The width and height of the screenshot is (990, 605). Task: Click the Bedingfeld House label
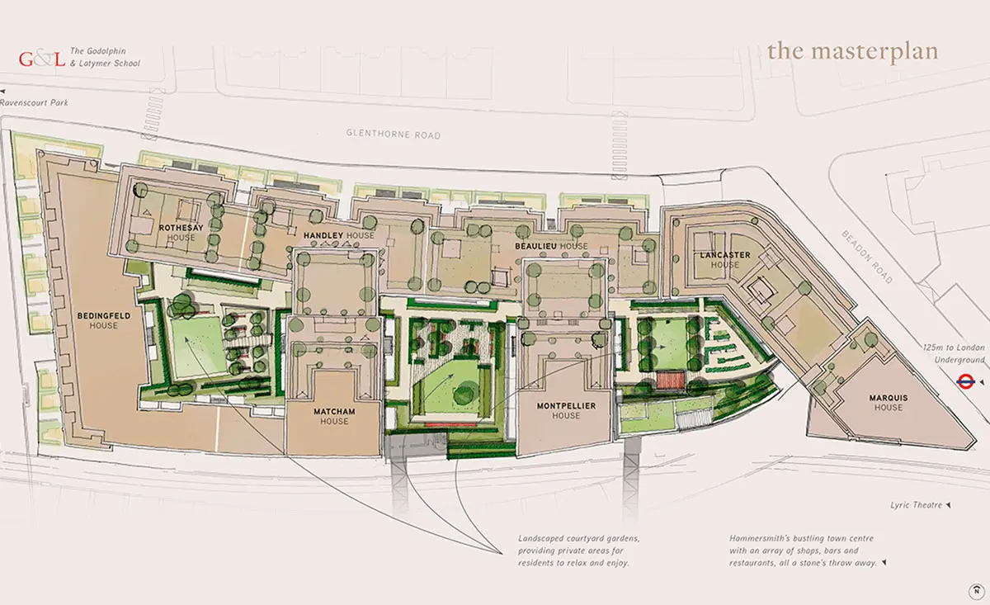pyautogui.click(x=104, y=320)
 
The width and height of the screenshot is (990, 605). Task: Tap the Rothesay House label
pyautogui.click(x=181, y=233)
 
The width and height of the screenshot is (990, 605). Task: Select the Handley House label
pyautogui.click(x=339, y=236)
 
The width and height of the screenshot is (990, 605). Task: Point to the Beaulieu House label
pyautogui.click(x=552, y=246)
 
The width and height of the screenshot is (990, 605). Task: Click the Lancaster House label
pyautogui.click(x=725, y=260)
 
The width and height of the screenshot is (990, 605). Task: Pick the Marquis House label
pyautogui.click(x=889, y=403)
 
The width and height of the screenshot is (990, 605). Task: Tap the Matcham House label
pyautogui.click(x=335, y=416)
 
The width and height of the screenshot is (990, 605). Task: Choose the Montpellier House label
pyautogui.click(x=566, y=410)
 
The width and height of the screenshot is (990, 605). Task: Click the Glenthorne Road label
pyautogui.click(x=394, y=134)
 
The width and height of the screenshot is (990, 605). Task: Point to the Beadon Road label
pyautogui.click(x=867, y=257)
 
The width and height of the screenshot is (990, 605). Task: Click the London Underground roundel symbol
pyautogui.click(x=966, y=381)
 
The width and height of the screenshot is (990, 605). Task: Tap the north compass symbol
pyautogui.click(x=976, y=591)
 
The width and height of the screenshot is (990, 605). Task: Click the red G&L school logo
pyautogui.click(x=42, y=59)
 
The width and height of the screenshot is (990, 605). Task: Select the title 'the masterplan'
pyautogui.click(x=852, y=53)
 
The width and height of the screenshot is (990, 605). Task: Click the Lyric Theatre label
pyautogui.click(x=917, y=505)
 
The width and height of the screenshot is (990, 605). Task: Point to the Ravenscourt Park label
pyautogui.click(x=34, y=102)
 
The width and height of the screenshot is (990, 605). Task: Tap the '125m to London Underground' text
pyautogui.click(x=954, y=354)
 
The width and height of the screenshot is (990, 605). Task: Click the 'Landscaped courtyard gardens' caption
pyautogui.click(x=579, y=551)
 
